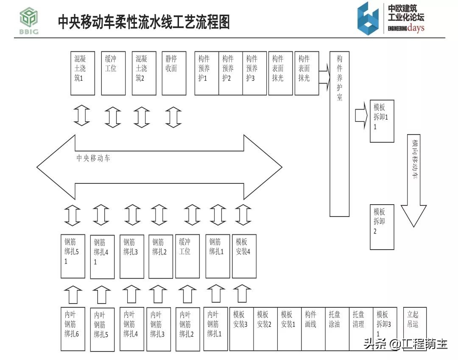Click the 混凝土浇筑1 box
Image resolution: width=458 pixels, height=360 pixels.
pyautogui.click(x=82, y=73)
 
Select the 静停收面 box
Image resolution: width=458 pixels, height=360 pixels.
pyautogui.click(x=174, y=73)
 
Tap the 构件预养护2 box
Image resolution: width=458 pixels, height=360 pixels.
pyautogui.click(x=230, y=73)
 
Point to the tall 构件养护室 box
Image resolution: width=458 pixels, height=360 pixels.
pyautogui.click(x=339, y=133)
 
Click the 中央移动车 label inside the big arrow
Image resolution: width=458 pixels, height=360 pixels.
pyautogui.click(x=93, y=158)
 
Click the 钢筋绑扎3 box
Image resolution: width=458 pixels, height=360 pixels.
pyautogui.click(x=132, y=256)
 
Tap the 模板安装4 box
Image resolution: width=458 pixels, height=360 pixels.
pyautogui.click(x=244, y=256)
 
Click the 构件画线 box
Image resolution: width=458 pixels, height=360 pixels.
pyautogui.click(x=313, y=329)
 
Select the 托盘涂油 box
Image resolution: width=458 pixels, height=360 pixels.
pyautogui.click(x=337, y=329)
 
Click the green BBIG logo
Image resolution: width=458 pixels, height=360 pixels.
pyautogui.click(x=29, y=21)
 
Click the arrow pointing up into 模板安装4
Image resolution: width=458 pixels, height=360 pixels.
pyautogui.click(x=243, y=293)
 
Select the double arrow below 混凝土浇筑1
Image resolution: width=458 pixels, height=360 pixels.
pyautogui.click(x=82, y=115)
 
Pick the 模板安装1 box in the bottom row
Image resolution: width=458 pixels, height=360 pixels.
pyautogui.click(x=289, y=329)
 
